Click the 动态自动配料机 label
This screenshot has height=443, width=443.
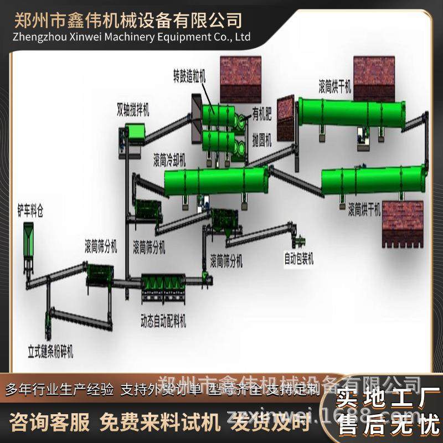pyautogui.click(x=163, y=320)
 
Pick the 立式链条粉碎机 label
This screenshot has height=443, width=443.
pyautogui.click(x=51, y=351)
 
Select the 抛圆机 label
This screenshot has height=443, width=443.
pyautogui.click(x=261, y=140)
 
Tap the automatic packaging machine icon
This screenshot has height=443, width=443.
pyautogui.click(x=300, y=241)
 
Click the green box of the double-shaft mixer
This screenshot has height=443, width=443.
pyautogui.click(x=135, y=131)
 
